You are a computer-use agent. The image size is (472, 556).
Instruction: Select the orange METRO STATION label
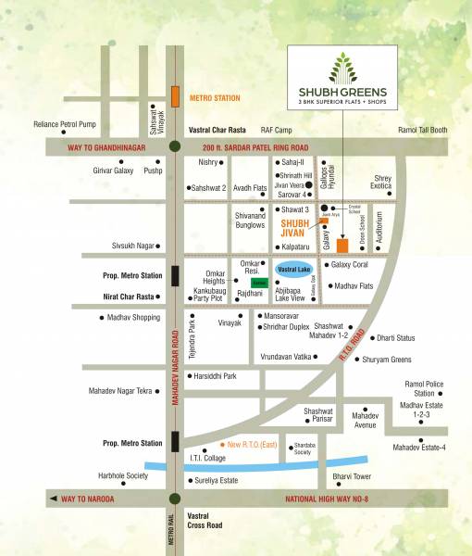tap(214, 97)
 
